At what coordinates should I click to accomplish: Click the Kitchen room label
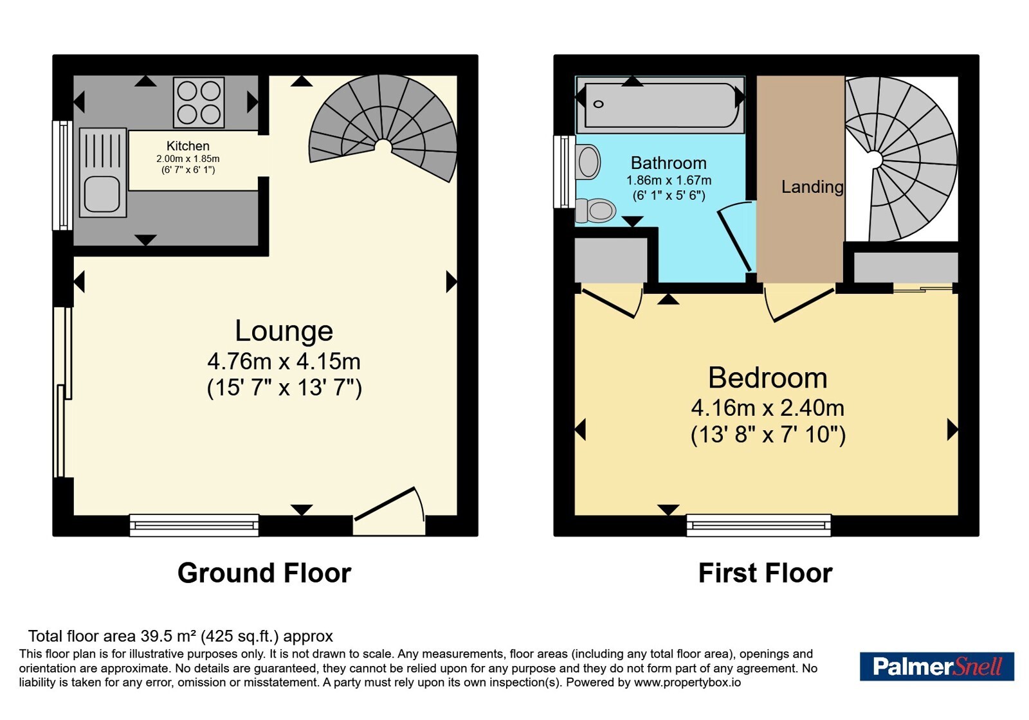(188, 146)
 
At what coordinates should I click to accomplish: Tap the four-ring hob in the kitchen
(199, 102)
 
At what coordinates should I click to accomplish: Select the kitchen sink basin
(102, 194)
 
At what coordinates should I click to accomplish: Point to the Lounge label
(284, 330)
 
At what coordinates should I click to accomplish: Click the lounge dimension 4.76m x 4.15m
(284, 361)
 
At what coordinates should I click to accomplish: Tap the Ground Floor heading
(264, 573)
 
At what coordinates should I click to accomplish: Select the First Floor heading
(765, 573)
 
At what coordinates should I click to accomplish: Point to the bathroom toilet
(596, 211)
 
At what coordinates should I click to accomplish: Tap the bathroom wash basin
(588, 161)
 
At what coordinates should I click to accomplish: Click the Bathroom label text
(668, 163)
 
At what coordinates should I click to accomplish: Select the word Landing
(812, 187)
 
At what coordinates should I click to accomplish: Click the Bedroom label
(768, 378)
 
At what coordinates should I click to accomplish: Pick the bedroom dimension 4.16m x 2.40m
(768, 408)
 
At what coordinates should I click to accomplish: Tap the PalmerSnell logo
(937, 667)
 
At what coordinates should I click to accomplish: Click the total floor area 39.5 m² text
(181, 636)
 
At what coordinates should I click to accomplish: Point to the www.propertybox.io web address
(688, 683)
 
